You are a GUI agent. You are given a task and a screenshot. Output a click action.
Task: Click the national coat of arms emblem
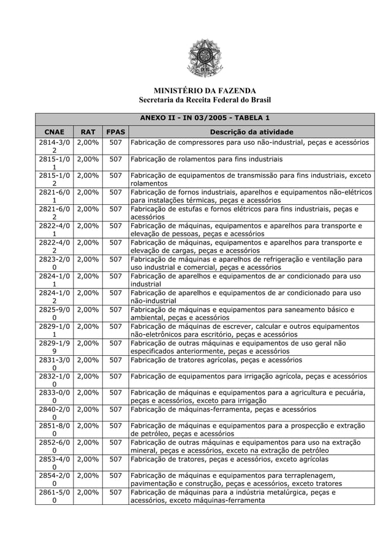pyautogui.click(x=204, y=59)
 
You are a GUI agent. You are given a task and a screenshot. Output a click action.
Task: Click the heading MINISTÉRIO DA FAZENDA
pyautogui.click(x=204, y=91)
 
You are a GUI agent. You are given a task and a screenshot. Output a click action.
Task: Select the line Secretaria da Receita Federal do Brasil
pyautogui.click(x=204, y=101)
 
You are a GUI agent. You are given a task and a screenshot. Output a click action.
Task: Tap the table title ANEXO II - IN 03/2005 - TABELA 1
pyautogui.click(x=204, y=118)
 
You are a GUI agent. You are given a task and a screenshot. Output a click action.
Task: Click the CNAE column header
pyautogui.click(x=54, y=131)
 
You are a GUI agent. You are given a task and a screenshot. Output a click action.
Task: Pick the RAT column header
pyautogui.click(x=88, y=131)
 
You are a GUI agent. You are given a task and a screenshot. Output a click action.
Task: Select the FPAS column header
pyautogui.click(x=115, y=131)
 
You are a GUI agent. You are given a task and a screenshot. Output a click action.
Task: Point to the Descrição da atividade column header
pyautogui.click(x=251, y=131)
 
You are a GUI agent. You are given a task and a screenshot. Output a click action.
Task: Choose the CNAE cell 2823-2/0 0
pyautogui.click(x=54, y=263)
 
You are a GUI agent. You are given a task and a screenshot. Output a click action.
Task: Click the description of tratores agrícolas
pyautogui.click(x=224, y=360)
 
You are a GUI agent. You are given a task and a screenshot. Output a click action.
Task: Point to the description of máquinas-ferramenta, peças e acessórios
pyautogui.click(x=224, y=409)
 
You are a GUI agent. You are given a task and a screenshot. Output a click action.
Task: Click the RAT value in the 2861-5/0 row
pyautogui.click(x=88, y=492)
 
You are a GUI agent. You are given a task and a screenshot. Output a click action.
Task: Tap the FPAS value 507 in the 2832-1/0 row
pyautogui.click(x=115, y=376)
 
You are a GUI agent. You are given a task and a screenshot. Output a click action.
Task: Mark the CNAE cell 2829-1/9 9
pyautogui.click(x=54, y=347)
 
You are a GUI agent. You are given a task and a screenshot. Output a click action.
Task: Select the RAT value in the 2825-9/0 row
pyautogui.click(x=88, y=309)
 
